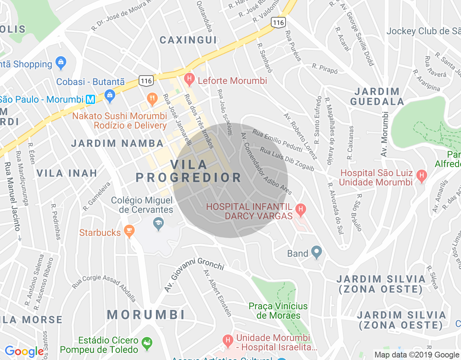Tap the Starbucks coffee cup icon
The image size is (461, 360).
coord(129,231)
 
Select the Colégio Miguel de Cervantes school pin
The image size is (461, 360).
coord(158,224)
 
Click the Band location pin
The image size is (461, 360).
coord(316,252)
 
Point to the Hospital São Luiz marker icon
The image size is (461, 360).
coord(421,176)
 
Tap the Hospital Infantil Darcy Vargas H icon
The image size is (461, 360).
coord(300,209)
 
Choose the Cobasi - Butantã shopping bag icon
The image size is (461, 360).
coord(109,95)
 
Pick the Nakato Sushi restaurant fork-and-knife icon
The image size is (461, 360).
coord(152,98)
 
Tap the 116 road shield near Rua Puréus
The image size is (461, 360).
coord(278,23)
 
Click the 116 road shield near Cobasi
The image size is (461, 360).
coord(146,81)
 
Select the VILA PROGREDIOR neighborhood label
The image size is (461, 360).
coord(188,171)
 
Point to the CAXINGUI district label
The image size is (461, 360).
coord(188,40)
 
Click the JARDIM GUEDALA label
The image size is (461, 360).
coord(377,96)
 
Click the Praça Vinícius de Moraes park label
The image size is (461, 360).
coord(278,311)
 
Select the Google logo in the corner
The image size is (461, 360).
coord(24,351)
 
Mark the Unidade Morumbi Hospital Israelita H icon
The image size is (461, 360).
coord(228,340)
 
